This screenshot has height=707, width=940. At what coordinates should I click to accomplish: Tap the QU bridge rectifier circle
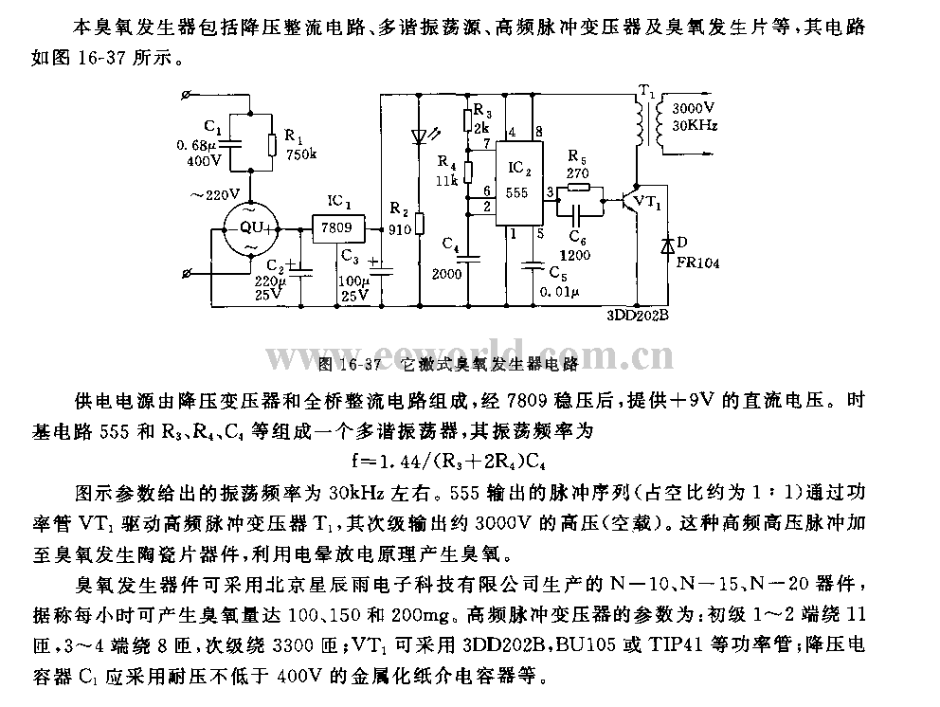click(x=249, y=229)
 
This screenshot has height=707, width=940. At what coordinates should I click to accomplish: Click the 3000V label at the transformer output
click(x=693, y=109)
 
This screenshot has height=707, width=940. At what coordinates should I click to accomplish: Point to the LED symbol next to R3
click(x=421, y=136)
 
